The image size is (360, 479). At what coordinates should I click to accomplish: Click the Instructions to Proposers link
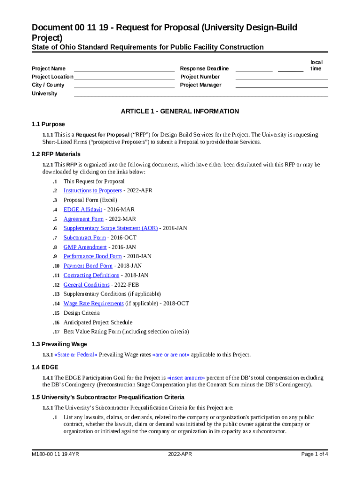(93, 190)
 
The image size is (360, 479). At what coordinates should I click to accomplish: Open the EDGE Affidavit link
(83, 210)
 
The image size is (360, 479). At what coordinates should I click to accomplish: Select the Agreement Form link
(84, 219)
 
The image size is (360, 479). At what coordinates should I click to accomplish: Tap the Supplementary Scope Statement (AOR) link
(110, 228)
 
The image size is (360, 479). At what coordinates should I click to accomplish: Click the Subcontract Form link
(85, 238)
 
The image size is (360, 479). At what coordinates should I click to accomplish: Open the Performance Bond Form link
(93, 256)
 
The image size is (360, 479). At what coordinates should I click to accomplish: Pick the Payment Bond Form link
(88, 266)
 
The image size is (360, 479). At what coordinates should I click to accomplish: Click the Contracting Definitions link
(91, 276)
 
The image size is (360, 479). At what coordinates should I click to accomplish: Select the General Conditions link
(86, 285)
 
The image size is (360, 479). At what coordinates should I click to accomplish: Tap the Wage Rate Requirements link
(94, 304)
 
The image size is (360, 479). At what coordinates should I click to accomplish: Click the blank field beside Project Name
(124, 69)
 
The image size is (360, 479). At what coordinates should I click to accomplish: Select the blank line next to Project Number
(281, 77)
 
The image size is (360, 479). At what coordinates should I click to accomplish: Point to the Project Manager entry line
(281, 86)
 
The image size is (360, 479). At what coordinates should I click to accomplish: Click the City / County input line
(124, 86)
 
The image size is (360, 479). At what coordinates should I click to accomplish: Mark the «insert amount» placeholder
(186, 377)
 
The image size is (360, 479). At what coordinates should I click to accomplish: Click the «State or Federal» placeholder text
(76, 355)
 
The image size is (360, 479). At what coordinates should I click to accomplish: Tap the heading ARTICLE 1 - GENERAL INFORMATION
(180, 111)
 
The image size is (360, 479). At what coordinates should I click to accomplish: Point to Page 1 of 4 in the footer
(315, 454)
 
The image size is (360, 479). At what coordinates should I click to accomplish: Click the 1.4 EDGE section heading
(45, 368)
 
